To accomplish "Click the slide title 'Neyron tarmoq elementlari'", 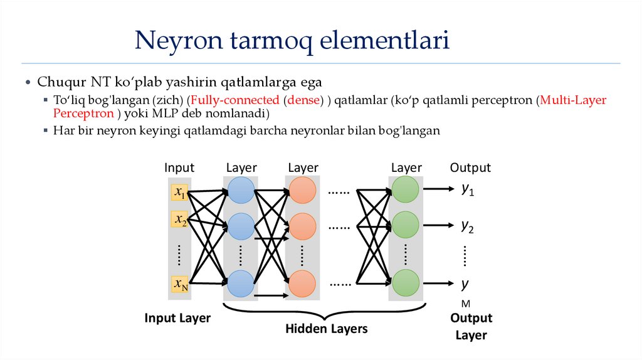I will tap(292, 41).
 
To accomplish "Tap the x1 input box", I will tap(180, 192).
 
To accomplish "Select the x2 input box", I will tap(180, 220).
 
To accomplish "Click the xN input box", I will tap(180, 285).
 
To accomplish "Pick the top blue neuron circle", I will tap(241, 189).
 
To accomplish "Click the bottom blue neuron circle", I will tap(241, 283).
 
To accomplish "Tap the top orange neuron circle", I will tap(302, 189).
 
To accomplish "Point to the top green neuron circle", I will tap(405, 189).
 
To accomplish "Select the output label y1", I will tap(468, 189).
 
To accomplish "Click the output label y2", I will tap(468, 226).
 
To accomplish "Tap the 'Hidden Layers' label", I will tap(327, 329).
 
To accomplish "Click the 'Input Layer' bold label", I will tap(177, 318).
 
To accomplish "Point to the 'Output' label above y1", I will tap(470, 167).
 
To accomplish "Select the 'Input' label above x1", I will tap(179, 167).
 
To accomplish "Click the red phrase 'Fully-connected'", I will tap(235, 100).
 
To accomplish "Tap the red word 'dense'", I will tap(303, 100).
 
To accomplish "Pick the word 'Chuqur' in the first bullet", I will tap(57, 82).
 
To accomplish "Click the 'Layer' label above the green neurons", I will tap(406, 167).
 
